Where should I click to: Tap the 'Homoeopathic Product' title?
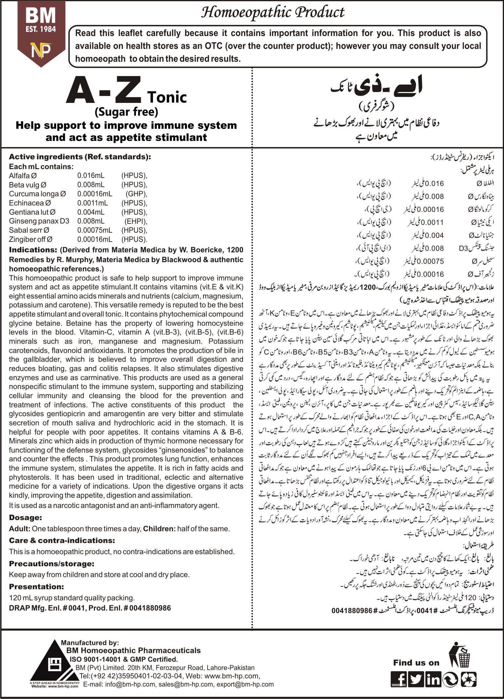click(272, 12)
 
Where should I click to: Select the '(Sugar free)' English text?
click(126, 112)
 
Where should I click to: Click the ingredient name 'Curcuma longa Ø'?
click(37, 194)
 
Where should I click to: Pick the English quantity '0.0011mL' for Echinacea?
click(93, 203)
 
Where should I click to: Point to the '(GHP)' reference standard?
click(137, 194)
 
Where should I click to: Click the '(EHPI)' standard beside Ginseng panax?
click(136, 221)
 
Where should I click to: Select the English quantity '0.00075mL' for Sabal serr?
click(95, 230)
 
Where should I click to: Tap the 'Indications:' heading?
click(33, 250)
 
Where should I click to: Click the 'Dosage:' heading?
click(26, 517)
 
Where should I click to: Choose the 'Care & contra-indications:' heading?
click(62, 540)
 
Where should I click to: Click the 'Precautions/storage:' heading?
click(51, 564)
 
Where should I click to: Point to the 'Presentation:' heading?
click(36, 587)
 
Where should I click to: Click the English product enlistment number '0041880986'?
click(150, 608)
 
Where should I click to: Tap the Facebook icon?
click(399, 679)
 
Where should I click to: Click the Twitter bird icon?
click(416, 679)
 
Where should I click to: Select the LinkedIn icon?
click(433, 679)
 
